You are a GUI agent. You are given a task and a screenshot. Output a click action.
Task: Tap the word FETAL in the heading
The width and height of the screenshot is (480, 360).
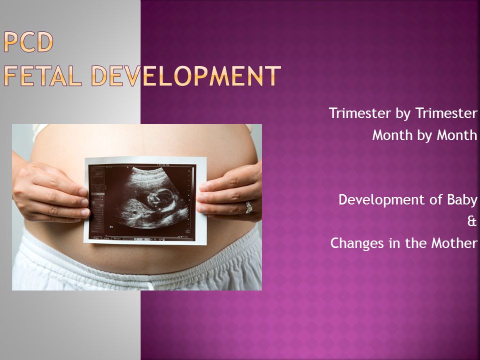pos(43,75)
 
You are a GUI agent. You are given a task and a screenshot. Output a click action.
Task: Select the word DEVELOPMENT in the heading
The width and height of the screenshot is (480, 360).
pos(186,75)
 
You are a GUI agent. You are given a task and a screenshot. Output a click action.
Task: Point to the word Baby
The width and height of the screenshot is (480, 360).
pos(462,200)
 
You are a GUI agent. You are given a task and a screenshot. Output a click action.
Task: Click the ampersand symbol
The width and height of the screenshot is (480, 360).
pos(472,221)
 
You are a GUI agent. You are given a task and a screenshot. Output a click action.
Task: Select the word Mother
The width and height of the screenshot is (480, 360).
pos(454,243)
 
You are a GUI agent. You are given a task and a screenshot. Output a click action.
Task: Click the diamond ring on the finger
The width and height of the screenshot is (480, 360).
pos(248,207)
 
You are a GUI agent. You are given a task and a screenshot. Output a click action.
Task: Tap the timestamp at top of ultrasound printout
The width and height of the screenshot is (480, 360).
pos(163,165)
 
